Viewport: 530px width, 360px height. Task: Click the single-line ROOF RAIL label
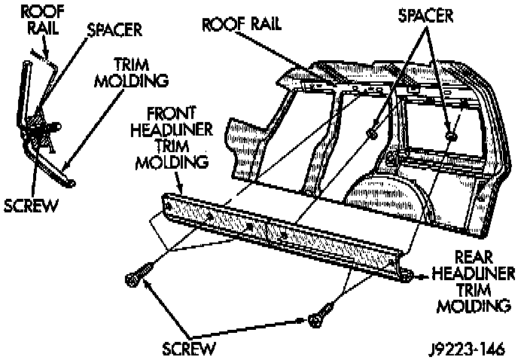(242, 24)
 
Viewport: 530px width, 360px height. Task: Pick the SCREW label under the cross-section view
(31, 205)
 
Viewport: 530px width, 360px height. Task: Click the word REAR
(468, 258)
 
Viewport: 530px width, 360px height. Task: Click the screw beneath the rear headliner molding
(321, 316)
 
